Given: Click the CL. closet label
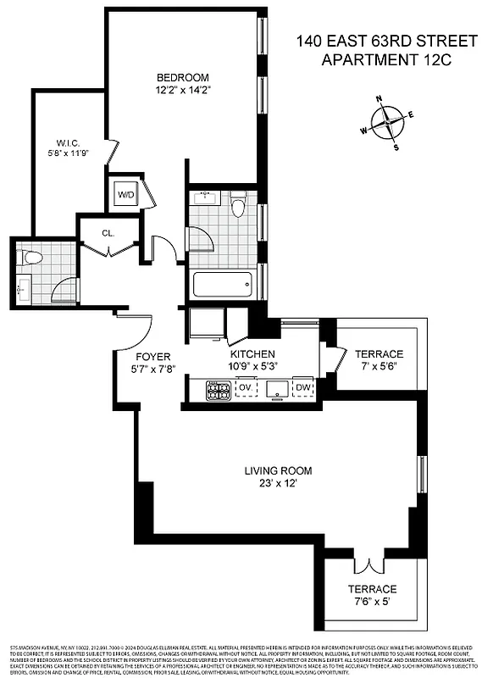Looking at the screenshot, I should click(x=108, y=233).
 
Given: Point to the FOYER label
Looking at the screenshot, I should click(x=153, y=356).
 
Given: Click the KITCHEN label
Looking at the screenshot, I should click(x=252, y=353).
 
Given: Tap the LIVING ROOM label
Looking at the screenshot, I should click(x=279, y=470).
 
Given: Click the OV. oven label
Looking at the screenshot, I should click(x=246, y=388).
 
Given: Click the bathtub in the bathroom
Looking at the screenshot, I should click(x=223, y=284).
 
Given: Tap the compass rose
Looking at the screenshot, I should click(x=388, y=122).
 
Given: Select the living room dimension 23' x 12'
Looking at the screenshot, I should click(x=279, y=484).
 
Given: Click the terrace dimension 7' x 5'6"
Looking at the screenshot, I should click(x=379, y=367).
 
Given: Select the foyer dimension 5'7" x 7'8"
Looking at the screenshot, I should click(x=153, y=370).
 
